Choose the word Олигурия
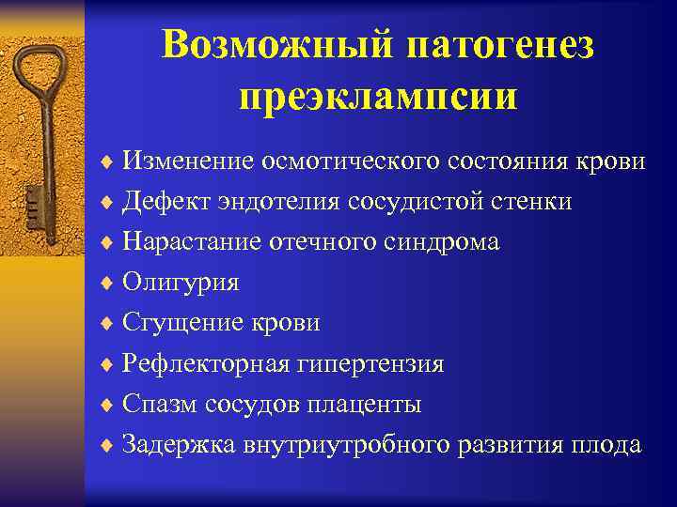point(181,283)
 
